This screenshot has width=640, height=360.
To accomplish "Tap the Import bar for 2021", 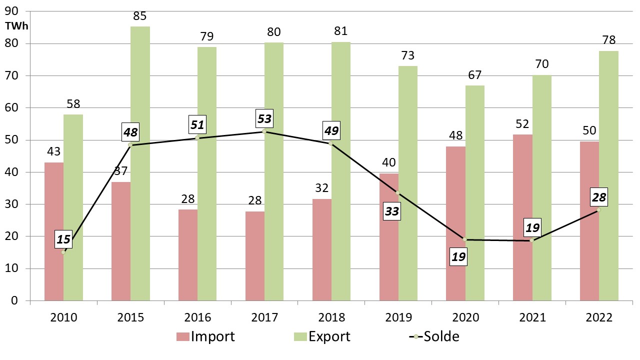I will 523,217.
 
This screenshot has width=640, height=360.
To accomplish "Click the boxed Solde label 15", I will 63,239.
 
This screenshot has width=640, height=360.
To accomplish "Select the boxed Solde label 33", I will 391,212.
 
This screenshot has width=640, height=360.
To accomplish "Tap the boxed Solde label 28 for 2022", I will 598,197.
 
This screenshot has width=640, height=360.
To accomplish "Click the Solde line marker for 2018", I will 330,143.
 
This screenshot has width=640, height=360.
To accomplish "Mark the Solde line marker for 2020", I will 464,239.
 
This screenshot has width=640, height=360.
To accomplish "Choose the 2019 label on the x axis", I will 398,317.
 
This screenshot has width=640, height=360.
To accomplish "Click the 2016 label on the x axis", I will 197,317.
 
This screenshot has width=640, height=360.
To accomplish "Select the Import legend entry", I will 205,336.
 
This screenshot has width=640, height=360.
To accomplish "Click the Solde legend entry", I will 434,336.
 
